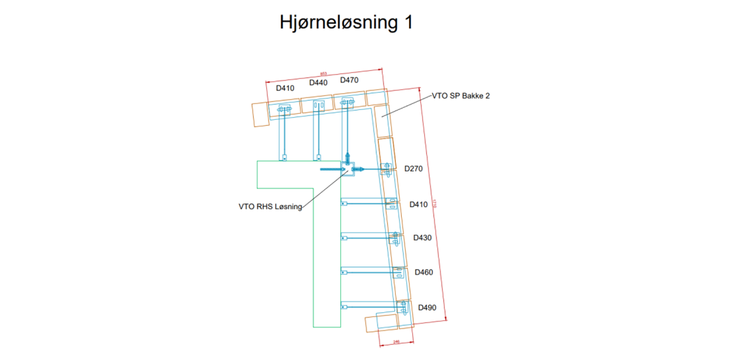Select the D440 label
click(319, 83)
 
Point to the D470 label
click(349, 81)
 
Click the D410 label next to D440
click(285, 88)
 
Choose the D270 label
click(414, 169)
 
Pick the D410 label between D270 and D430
click(418, 205)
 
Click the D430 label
click(422, 238)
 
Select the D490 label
click(427, 308)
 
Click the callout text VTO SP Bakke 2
click(461, 96)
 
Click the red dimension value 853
click(323, 73)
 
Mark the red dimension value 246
click(396, 342)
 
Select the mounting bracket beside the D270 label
click(387, 168)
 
